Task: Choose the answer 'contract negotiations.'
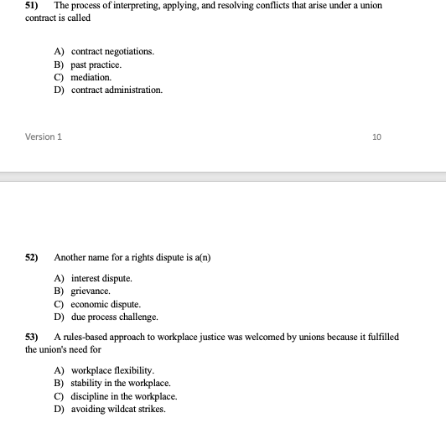[112, 51]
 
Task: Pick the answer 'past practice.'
[96, 64]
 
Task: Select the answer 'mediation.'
[91, 76]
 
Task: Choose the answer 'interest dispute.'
[101, 278]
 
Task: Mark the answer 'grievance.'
[91, 291]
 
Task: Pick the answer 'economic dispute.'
[106, 304]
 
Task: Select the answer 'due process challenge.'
[114, 317]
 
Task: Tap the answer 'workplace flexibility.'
[112, 370]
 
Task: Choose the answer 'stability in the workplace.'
[121, 383]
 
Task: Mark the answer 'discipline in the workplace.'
[124, 396]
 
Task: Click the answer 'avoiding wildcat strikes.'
[118, 409]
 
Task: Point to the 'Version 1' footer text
[44, 137]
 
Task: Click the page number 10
[376, 137]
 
